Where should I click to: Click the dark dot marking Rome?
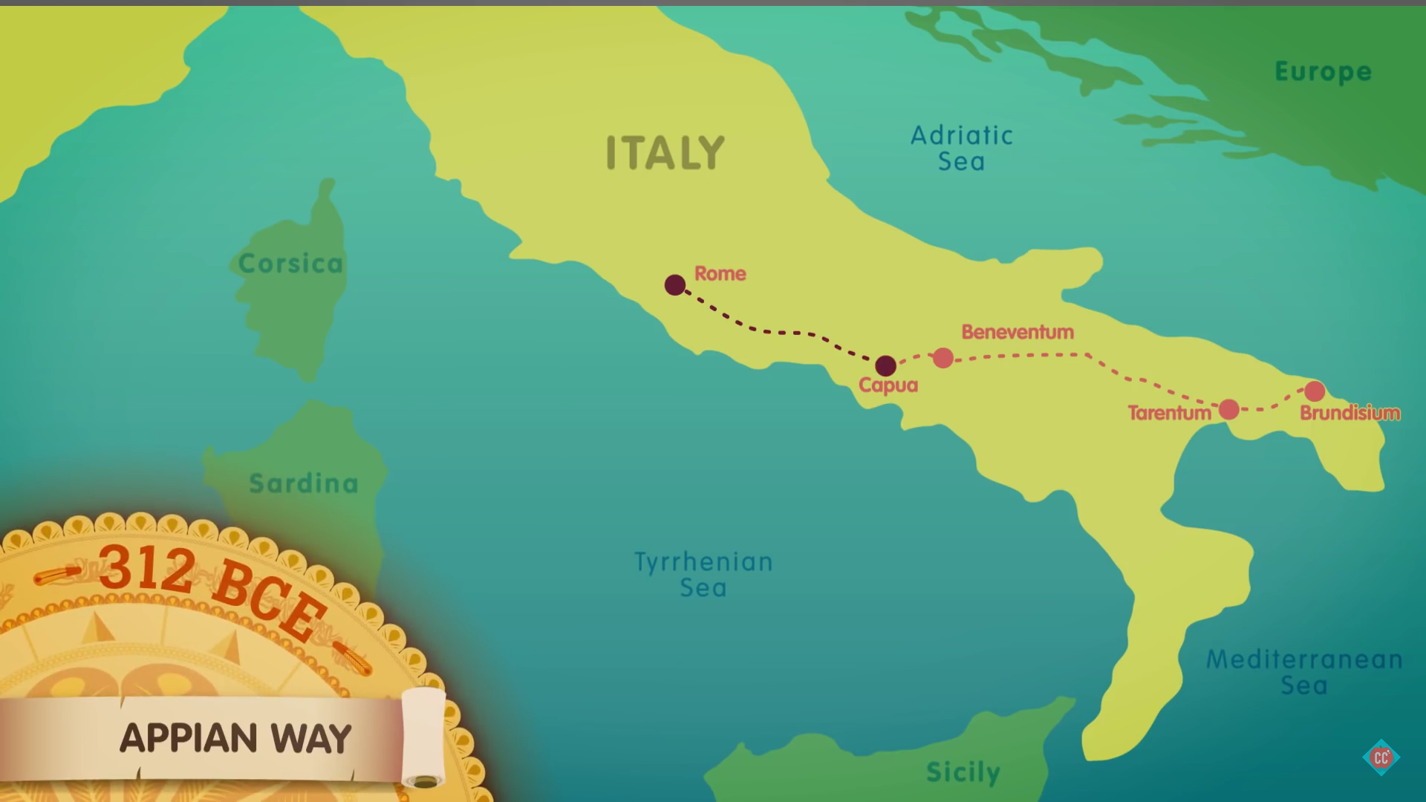675,285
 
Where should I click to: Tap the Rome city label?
720,273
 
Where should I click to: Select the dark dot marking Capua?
885,365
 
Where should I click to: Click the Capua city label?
888,385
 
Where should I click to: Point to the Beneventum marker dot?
943,358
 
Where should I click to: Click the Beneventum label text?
1018,332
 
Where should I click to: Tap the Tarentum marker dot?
1229,409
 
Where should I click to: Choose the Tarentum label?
1169,413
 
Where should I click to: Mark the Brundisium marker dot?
1315,391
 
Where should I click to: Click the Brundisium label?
1350,413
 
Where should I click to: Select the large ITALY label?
665,153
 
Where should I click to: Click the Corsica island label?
290,264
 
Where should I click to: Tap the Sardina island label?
304,483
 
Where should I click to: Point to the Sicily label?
963,772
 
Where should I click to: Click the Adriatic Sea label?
962,149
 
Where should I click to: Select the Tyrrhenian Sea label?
703,574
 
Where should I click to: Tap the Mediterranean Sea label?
1304,671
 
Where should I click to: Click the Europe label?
1323,71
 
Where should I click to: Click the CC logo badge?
1381,757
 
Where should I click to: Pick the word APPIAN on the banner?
189,738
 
